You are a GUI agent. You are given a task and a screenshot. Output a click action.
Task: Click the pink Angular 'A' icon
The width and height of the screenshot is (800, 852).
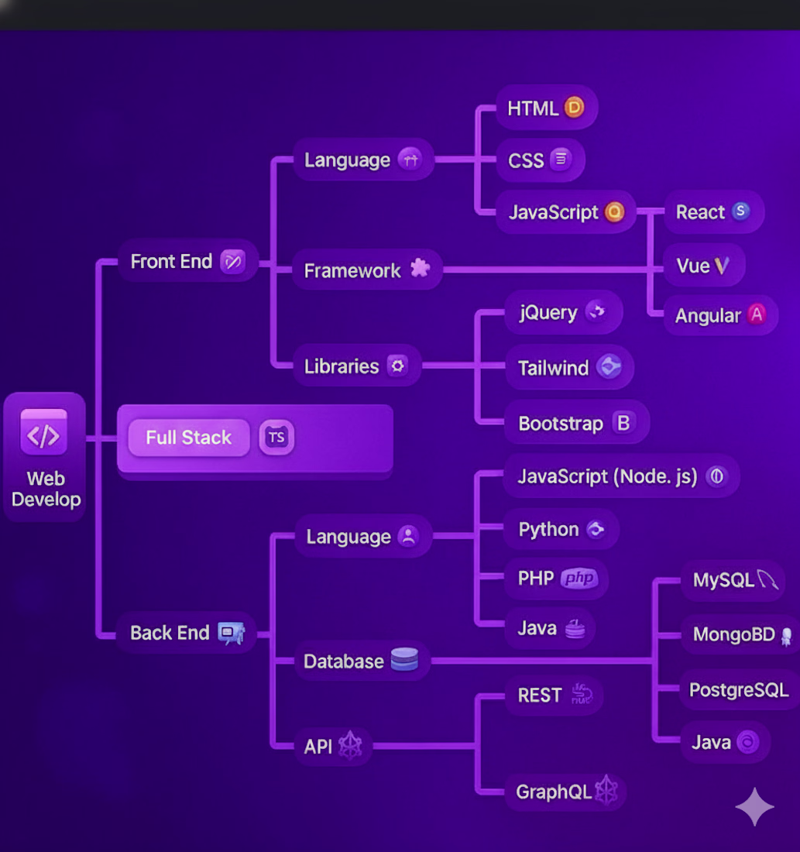(x=757, y=314)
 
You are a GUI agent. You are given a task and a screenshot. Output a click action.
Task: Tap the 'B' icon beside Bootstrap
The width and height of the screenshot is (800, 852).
(x=622, y=423)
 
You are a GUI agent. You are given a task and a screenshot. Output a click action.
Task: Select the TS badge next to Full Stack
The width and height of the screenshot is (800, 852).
(x=276, y=437)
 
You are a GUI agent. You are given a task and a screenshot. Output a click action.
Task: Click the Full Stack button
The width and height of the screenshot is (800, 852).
(x=189, y=438)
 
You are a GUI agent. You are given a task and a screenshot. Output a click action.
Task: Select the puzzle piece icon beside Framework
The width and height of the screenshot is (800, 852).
(x=420, y=269)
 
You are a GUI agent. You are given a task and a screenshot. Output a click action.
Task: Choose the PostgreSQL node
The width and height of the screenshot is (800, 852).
(x=739, y=689)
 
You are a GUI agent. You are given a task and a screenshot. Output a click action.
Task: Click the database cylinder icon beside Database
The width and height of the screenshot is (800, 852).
(x=404, y=660)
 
